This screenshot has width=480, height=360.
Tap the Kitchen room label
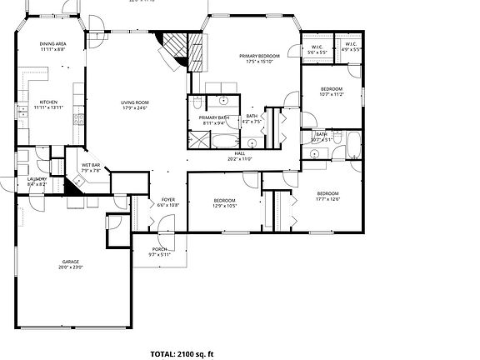48,102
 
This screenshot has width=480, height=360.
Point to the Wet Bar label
90,165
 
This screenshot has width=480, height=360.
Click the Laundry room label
37,179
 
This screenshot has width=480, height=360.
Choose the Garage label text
71,262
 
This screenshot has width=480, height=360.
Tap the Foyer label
167,200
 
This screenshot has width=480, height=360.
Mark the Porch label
159,249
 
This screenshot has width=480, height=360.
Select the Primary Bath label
213,117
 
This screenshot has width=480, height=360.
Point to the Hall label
239,154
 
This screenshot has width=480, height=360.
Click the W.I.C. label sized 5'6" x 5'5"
317,47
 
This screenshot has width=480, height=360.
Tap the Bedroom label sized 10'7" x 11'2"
332,89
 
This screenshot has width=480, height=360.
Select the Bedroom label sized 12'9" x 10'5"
225,200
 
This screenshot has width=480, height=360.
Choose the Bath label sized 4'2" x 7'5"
252,117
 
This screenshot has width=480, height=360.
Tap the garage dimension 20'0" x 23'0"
71,267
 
